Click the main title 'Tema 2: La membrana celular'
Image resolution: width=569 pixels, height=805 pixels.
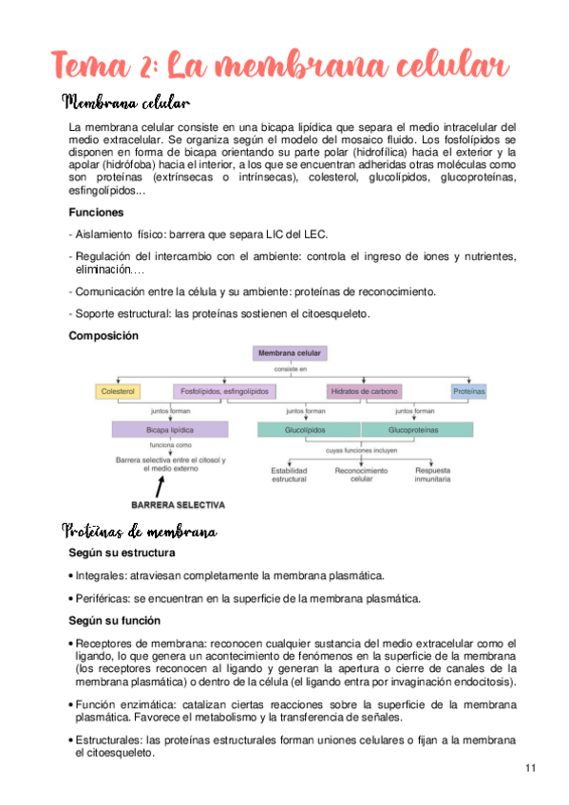click(x=281, y=66)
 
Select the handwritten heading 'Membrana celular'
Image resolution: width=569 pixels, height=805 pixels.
click(x=125, y=102)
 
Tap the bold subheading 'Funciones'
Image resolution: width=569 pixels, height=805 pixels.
click(x=96, y=213)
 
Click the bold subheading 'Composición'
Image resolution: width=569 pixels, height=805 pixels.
click(x=104, y=335)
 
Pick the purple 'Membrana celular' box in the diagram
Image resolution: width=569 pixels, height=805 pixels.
click(x=290, y=354)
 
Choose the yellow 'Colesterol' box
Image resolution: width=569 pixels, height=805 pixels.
click(x=120, y=391)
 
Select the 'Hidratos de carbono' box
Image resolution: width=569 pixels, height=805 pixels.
click(x=364, y=391)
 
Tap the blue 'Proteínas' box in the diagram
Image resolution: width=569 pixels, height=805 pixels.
click(x=468, y=391)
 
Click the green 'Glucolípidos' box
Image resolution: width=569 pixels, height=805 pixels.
click(x=305, y=429)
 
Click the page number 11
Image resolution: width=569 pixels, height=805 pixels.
click(x=530, y=767)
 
